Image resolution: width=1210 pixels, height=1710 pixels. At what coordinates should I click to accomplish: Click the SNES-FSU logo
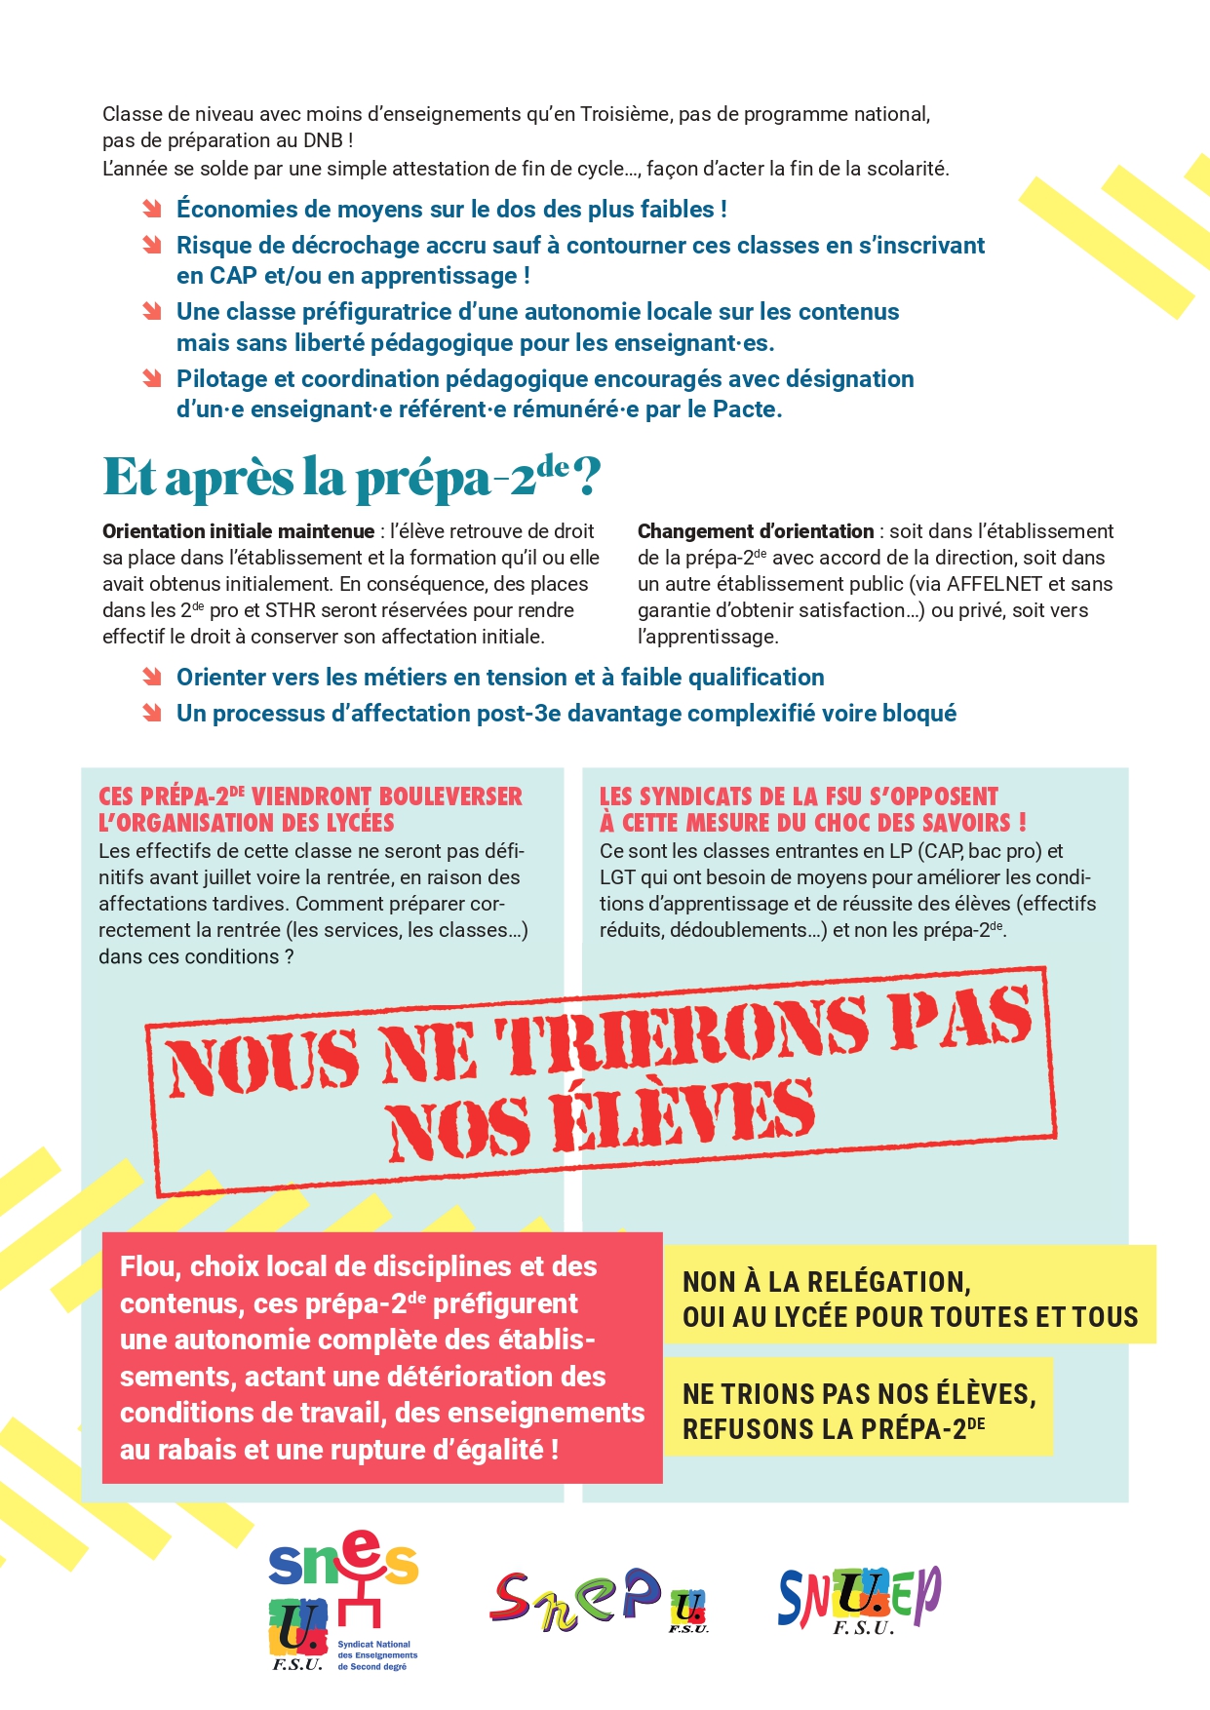click(342, 1599)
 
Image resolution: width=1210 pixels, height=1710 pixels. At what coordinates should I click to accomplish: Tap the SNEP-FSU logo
click(597, 1600)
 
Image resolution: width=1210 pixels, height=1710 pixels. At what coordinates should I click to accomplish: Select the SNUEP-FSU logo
click(858, 1599)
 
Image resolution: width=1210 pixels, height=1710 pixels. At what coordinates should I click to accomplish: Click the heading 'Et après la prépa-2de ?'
click(351, 478)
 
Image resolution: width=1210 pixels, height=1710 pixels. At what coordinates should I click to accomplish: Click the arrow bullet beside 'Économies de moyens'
click(152, 210)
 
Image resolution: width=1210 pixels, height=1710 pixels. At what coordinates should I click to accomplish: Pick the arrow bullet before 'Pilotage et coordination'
click(152, 379)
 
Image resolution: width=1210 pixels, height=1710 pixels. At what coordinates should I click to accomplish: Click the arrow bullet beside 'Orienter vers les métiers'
click(152, 678)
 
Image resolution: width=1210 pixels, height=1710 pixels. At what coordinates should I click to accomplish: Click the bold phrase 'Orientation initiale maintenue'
click(238, 531)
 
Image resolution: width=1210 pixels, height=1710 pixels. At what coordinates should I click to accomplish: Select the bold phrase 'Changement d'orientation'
click(756, 531)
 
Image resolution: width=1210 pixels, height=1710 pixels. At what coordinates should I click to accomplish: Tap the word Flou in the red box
click(147, 1266)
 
